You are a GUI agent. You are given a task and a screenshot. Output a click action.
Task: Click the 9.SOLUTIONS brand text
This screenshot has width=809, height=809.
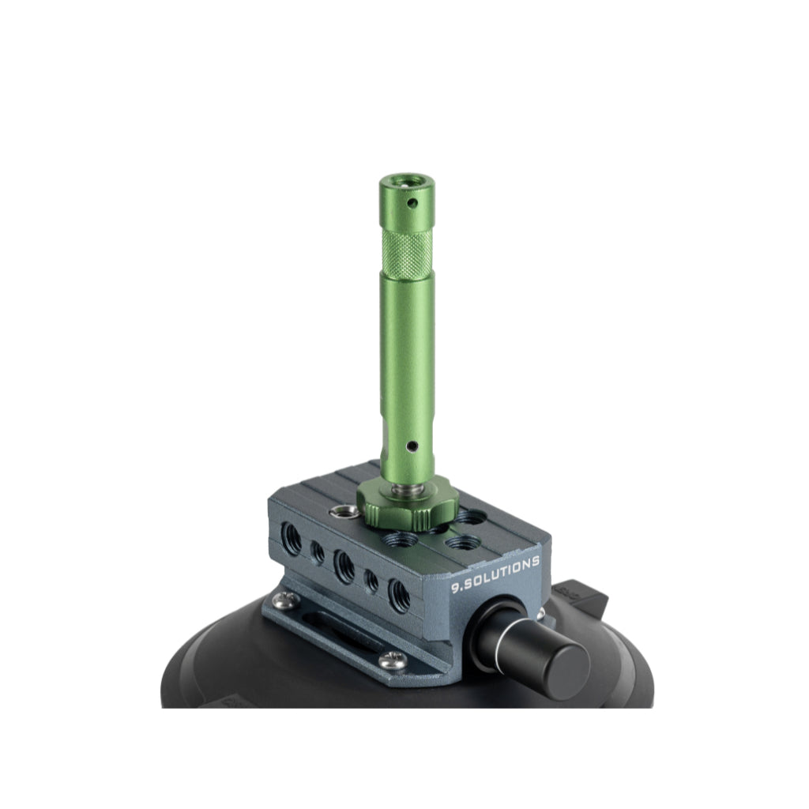[x=495, y=574]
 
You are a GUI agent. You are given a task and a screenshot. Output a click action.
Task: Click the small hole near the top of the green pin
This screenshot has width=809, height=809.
[x=412, y=203]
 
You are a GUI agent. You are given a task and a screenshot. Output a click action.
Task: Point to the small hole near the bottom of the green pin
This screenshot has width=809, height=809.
[x=412, y=445]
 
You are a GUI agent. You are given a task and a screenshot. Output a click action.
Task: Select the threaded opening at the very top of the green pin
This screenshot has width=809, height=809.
[x=405, y=181]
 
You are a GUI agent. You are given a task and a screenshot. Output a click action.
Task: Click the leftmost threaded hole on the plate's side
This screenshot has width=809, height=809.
[x=292, y=539]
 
